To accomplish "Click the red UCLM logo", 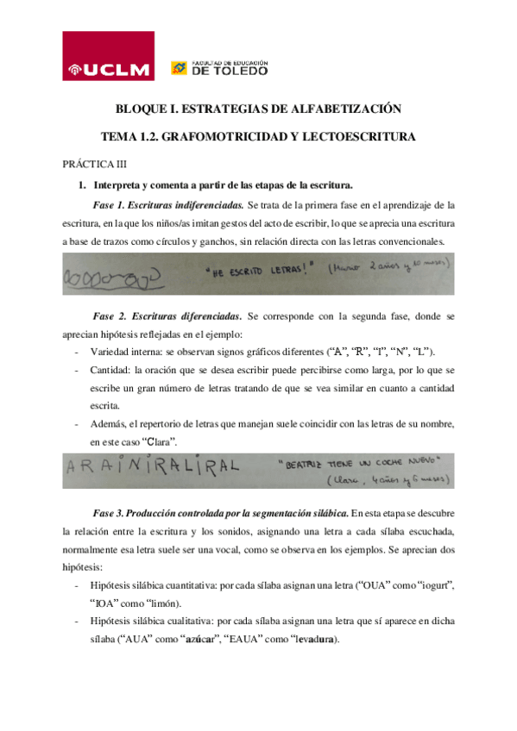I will click(109, 57).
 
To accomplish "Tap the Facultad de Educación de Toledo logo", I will click(220, 68).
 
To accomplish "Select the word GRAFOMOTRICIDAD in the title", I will click(214, 136).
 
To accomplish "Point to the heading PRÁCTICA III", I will click(94, 163).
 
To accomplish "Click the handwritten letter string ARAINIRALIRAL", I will click(151, 466).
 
